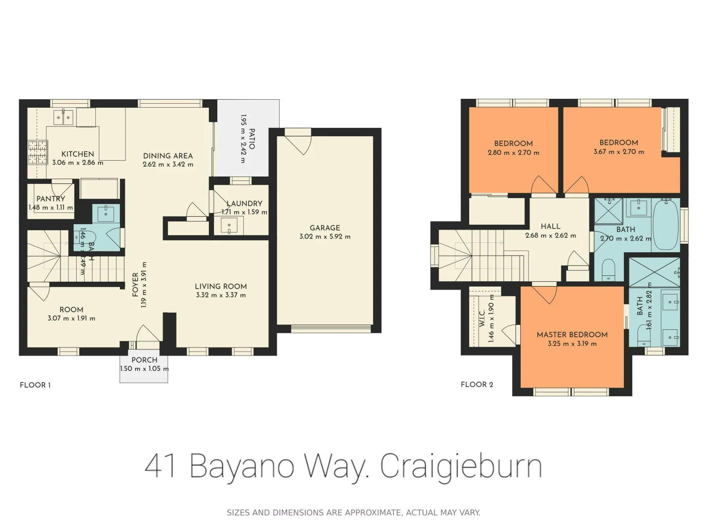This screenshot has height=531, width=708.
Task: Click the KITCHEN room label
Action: tap(77, 154)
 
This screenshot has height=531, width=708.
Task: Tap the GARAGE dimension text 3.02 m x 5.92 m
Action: tap(324, 236)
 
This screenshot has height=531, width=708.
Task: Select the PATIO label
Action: tap(252, 139)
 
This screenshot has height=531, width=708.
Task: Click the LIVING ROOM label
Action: tap(221, 286)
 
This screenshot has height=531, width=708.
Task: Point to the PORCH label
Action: tap(144, 360)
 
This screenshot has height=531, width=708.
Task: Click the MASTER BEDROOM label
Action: tap(572, 334)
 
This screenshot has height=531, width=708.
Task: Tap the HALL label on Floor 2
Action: tap(550, 226)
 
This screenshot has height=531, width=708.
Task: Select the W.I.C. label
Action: tap(482, 318)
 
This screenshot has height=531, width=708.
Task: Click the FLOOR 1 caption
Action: tap(35, 385)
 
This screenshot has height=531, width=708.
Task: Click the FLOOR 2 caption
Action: tap(476, 384)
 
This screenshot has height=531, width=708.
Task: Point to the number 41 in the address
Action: tap(160, 465)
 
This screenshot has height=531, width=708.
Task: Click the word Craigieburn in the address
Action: tap(461, 465)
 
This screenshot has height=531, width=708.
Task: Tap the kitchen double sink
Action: tap(63, 118)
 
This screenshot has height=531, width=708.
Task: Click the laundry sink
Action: tap(229, 226)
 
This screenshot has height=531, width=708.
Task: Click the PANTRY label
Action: tap(51, 199)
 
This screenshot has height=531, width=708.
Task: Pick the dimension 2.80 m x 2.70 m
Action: tap(513, 152)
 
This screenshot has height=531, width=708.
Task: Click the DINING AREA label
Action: tap(168, 155)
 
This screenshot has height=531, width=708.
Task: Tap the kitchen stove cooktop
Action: tap(37, 152)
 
